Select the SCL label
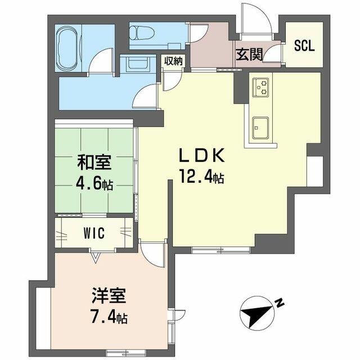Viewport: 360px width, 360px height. [304, 46]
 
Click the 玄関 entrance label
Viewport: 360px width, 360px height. [249, 55]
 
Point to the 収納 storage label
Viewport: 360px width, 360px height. [173, 61]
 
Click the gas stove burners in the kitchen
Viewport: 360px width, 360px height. [260, 88]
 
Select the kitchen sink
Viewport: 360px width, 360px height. [260, 128]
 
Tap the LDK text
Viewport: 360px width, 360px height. [201, 156]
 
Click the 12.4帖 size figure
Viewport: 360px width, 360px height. [201, 177]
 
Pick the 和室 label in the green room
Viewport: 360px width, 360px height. [94, 163]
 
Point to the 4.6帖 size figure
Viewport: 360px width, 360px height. [94, 183]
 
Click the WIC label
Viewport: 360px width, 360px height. [94, 233]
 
